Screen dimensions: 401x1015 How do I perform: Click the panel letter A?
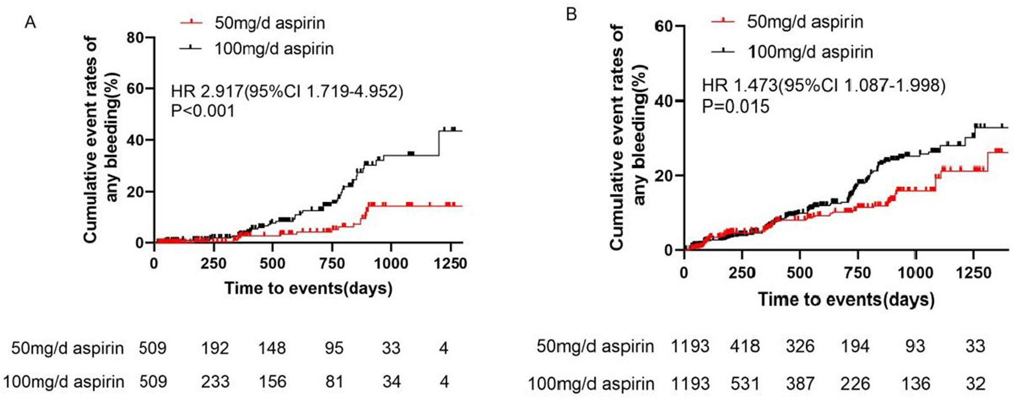pyautogui.click(x=31, y=23)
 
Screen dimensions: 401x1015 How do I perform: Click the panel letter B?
pyautogui.click(x=571, y=14)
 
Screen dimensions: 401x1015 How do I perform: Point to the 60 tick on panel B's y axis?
pyautogui.click(x=664, y=26)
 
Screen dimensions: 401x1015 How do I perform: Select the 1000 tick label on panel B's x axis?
pyautogui.click(x=915, y=273)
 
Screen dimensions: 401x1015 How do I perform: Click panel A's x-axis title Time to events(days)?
pyautogui.click(x=308, y=288)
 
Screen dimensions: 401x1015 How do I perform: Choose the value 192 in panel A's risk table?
pyautogui.click(x=215, y=348)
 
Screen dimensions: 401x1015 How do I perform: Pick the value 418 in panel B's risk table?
pyautogui.click(x=745, y=347)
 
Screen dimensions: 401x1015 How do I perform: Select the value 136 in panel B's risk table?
pyautogui.click(x=915, y=383)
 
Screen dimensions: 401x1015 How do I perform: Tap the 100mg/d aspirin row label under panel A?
pyautogui.click(x=64, y=382)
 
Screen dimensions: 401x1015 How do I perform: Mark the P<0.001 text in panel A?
pyautogui.click(x=203, y=111)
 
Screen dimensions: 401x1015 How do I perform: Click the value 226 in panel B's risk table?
pyautogui.click(x=855, y=383)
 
